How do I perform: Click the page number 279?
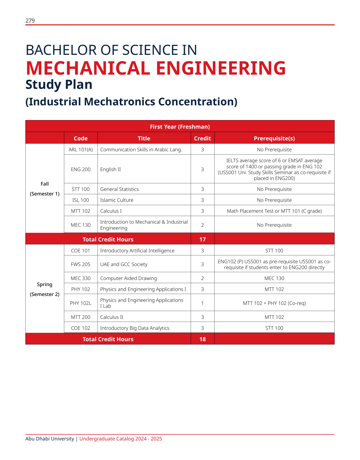coord(30,21)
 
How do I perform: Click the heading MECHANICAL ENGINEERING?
coord(156,68)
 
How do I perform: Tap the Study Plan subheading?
coord(59,85)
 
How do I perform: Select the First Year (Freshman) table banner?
coord(180,127)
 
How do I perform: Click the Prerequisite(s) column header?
coord(274,138)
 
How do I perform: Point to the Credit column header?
coord(202,138)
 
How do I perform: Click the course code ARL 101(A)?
coord(81,150)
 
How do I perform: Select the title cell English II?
coord(110,169)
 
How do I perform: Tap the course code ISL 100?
coord(81,200)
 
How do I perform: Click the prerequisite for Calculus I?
coord(274,211)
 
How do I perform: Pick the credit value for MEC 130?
coord(202,225)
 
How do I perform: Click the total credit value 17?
coord(202,239)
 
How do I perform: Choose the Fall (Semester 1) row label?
coord(45,189)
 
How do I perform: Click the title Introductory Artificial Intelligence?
coord(137,251)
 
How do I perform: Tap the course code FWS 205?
coord(81,264)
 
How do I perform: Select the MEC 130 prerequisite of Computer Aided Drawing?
coord(274,278)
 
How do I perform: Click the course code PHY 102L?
coord(81,303)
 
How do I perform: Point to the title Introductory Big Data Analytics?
coord(135,328)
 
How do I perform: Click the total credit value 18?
coord(202,339)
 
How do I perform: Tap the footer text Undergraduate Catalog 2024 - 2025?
coord(121,439)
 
